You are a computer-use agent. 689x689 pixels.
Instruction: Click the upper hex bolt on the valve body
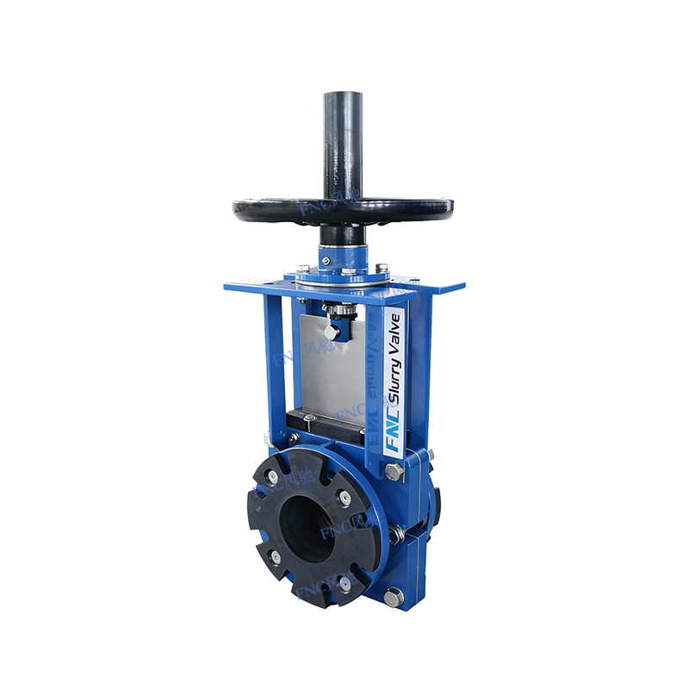[x=393, y=471]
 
